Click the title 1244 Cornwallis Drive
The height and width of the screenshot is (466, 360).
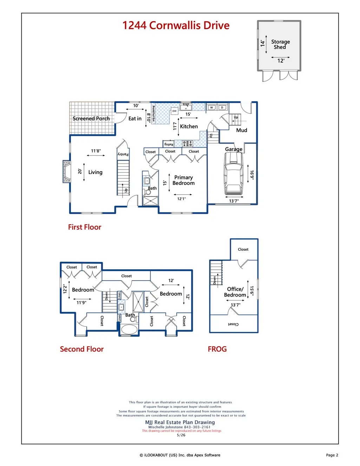(x=176, y=25)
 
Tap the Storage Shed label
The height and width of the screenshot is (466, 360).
(x=281, y=44)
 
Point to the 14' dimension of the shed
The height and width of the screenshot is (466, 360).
(x=263, y=44)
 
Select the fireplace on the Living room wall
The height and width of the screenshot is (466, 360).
(x=66, y=171)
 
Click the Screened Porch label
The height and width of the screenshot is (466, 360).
(x=91, y=118)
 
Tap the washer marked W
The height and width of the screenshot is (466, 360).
(x=211, y=107)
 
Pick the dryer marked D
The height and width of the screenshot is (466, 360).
(x=222, y=107)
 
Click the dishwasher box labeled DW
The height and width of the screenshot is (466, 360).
(x=175, y=111)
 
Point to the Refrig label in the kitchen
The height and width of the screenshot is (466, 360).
(x=169, y=144)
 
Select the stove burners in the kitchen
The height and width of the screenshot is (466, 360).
(x=188, y=144)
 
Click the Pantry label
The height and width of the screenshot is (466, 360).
(x=123, y=154)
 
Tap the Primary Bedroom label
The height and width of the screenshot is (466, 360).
(x=184, y=180)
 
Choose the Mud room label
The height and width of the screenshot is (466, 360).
(x=242, y=130)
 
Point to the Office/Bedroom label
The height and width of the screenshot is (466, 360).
(x=235, y=292)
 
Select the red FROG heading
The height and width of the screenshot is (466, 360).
(x=217, y=349)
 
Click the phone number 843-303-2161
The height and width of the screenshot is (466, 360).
(x=197, y=427)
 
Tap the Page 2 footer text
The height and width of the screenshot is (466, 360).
(x=332, y=455)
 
